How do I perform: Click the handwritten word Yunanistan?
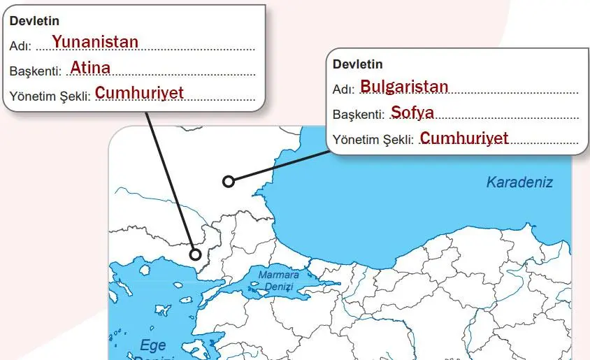[x=95, y=42]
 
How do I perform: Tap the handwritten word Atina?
[x=90, y=68]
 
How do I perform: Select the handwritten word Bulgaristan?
[x=404, y=87]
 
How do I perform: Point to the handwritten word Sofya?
[x=412, y=112]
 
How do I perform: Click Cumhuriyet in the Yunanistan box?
[x=139, y=92]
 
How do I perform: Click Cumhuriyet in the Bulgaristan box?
[x=464, y=138]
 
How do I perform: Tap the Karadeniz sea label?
[x=519, y=182]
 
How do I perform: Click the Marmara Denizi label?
[x=278, y=280]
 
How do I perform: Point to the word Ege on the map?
[x=153, y=345]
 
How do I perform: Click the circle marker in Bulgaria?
[x=228, y=182]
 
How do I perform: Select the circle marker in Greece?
[x=195, y=254]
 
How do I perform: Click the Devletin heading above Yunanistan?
[x=34, y=21]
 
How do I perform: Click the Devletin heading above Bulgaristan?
[x=357, y=64]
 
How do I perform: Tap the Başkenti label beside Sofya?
[x=359, y=114]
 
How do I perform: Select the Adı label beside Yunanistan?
[x=20, y=46]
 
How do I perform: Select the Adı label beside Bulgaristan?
[x=343, y=89]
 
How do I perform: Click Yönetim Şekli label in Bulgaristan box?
[x=373, y=140]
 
